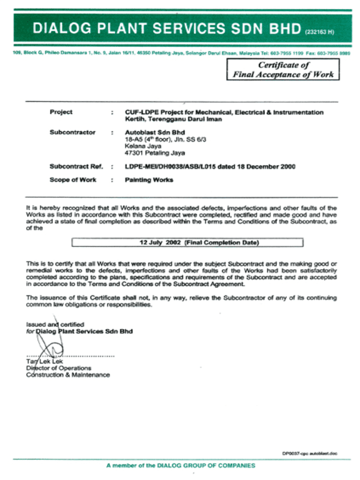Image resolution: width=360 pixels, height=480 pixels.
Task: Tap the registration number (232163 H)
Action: pos(319,32)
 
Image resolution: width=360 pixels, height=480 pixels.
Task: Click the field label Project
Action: pos(61,112)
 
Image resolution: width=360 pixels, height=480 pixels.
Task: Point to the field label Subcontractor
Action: pos(72,132)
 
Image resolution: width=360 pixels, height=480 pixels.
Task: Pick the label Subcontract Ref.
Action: pos(76,166)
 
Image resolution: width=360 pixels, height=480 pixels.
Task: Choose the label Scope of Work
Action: pos(73,180)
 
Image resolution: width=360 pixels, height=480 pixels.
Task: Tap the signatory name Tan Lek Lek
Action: pos(41,361)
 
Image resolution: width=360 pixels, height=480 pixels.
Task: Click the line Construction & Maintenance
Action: pos(67,375)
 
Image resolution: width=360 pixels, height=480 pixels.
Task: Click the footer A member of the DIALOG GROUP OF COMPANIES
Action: pos(180,465)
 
